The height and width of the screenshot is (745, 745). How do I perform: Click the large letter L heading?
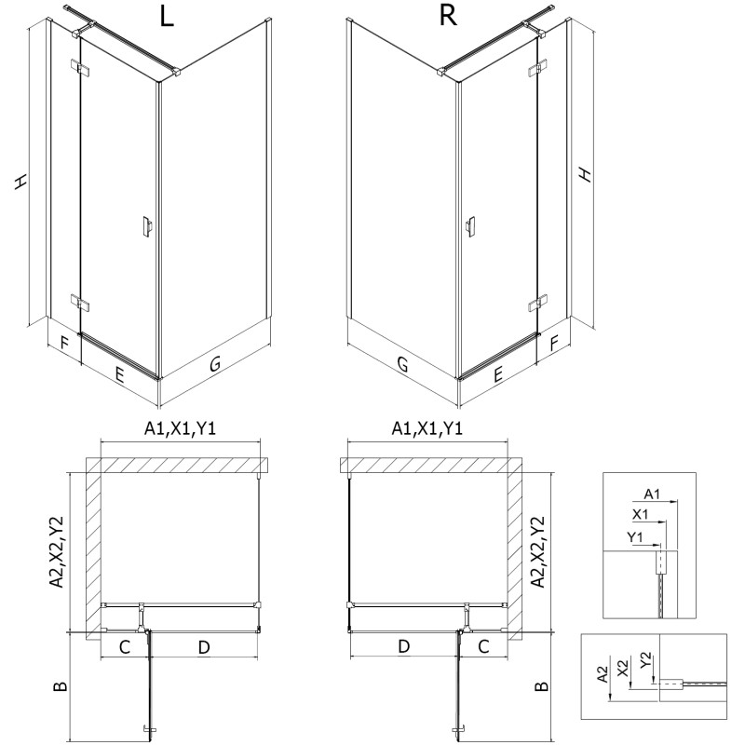[x=167, y=19]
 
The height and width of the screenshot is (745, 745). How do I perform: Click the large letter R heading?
[x=448, y=19]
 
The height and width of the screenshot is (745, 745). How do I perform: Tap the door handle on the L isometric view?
[x=144, y=227]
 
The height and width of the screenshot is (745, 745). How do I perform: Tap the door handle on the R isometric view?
[x=471, y=227]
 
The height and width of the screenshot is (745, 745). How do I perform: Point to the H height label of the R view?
[x=584, y=174]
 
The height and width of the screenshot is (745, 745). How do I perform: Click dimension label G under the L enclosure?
[x=214, y=366]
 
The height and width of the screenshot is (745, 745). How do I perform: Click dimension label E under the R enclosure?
[x=498, y=374]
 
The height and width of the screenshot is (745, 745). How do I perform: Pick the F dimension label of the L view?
[x=63, y=344]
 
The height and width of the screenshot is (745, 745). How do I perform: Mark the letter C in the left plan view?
[x=123, y=645]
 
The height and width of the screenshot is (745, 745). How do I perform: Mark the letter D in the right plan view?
[x=403, y=645]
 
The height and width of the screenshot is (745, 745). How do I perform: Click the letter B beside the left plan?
[x=60, y=687]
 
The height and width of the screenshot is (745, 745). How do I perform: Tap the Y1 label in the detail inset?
[x=636, y=536]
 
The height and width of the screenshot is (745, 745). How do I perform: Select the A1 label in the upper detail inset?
[x=652, y=494]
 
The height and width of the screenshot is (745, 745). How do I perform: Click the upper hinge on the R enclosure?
[x=537, y=68]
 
